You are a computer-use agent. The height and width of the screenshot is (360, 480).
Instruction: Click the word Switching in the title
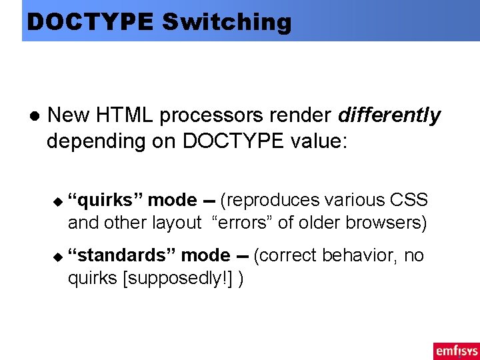pos(227,22)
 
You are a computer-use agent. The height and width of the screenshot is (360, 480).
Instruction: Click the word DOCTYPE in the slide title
pos(90,22)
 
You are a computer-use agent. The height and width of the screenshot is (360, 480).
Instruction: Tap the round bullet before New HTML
pos(33,116)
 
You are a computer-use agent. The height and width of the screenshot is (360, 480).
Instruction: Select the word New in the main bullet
pos(68,115)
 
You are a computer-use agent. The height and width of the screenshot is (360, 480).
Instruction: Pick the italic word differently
pos(389,116)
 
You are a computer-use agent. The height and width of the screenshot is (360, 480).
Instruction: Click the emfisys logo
pos(455,351)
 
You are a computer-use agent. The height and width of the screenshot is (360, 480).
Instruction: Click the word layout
pos(177,223)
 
